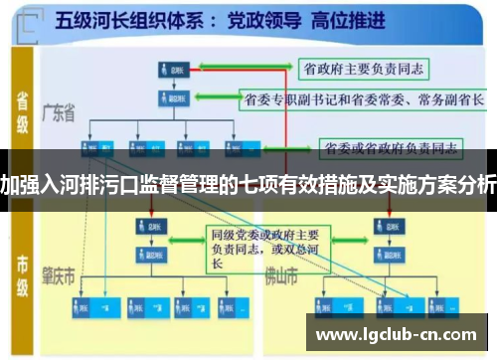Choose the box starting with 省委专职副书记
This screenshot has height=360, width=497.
pos(362,99)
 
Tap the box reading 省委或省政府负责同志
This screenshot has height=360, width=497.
pos(389,148)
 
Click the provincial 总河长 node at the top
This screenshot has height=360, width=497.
pos(172,70)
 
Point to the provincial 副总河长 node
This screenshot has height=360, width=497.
pos(171,98)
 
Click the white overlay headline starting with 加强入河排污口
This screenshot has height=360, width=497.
pos(248,183)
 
